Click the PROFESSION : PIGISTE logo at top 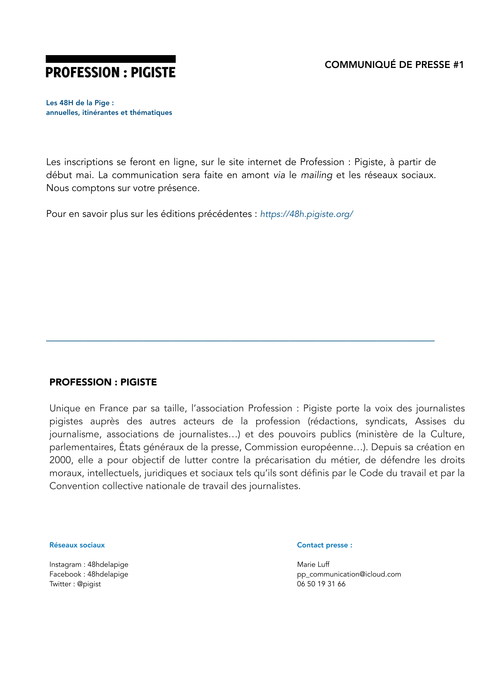pos(110,72)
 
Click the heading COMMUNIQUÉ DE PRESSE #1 pos(394,65)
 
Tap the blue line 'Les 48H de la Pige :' pos(80,103)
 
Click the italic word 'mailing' pos(316,175)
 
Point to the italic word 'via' pos(279,175)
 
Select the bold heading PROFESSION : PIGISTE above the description pos(103,382)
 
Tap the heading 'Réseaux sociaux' pos(77,545)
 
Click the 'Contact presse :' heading pos(324,545)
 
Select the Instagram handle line pos(89,564)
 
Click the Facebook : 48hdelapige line pos(89,574)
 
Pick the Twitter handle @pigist pos(89,584)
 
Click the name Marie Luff pos(313,564)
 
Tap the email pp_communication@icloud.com pos(349,574)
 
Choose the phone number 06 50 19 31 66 pos(321,584)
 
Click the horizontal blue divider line pos(240,341)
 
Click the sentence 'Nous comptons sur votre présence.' pos(123,188)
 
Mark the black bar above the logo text pos(110,59)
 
